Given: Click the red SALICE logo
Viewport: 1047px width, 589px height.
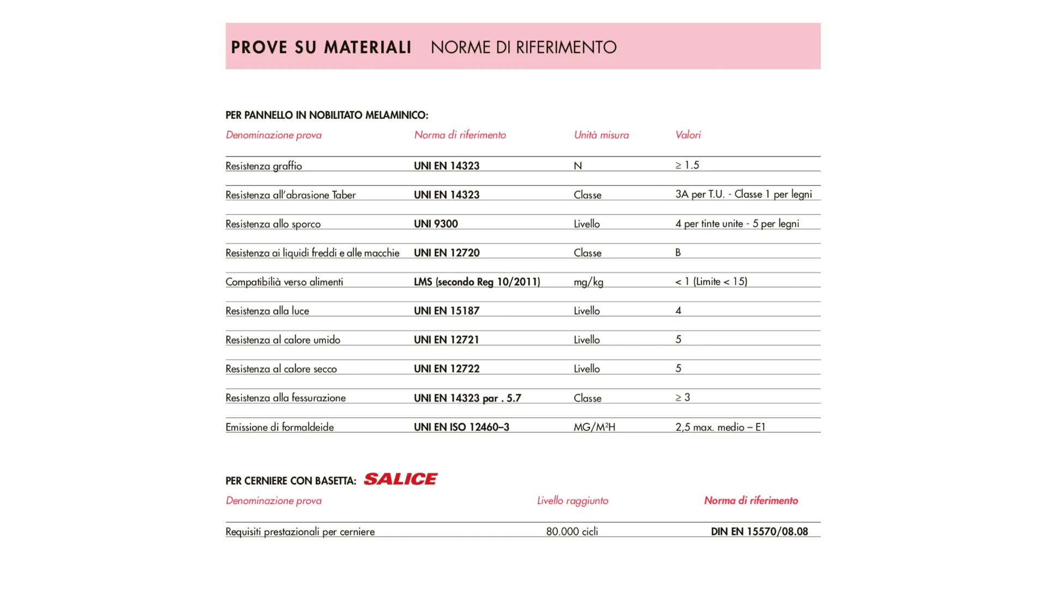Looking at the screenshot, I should tap(400, 479).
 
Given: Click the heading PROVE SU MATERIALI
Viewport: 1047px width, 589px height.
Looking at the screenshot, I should tap(321, 47).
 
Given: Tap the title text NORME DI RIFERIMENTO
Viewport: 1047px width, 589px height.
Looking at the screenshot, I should tap(523, 47).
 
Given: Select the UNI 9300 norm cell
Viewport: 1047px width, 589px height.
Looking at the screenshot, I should tap(436, 224).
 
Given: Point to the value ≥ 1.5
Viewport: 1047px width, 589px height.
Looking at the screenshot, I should tap(687, 165).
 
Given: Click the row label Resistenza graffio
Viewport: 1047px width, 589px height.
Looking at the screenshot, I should tap(263, 166).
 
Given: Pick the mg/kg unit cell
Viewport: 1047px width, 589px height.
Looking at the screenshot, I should tap(588, 282).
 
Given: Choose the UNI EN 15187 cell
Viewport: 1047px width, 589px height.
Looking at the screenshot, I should tap(447, 311).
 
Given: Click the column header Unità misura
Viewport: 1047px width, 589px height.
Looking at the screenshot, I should tap(601, 135).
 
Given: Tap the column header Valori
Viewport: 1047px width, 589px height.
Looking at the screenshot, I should tap(688, 135).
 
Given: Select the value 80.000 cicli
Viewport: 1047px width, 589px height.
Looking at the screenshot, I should tap(572, 532).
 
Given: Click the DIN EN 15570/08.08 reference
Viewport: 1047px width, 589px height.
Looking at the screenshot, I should tap(759, 532).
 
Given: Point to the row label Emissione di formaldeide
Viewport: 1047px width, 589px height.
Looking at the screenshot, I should tap(280, 427).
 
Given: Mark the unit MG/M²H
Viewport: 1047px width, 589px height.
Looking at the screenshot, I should tap(594, 427).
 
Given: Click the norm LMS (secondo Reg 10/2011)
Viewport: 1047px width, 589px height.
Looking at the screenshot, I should tap(477, 282).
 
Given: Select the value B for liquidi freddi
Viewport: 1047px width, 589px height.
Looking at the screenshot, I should tap(678, 253).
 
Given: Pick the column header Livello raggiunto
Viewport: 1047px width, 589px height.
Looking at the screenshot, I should tap(573, 501).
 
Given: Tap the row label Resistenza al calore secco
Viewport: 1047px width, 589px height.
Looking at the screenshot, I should tap(281, 369).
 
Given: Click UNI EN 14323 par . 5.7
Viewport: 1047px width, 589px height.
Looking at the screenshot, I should tap(467, 398).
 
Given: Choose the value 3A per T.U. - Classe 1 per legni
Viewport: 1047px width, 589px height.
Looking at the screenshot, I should tap(743, 195).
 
